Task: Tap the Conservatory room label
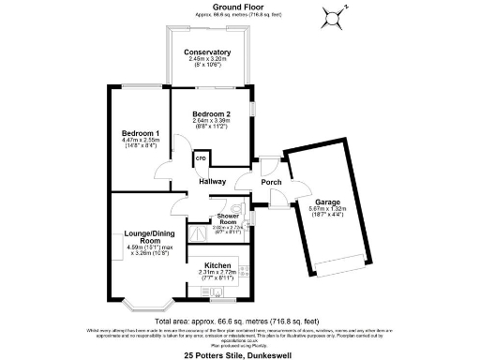point(207,52)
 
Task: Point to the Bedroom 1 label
point(140,133)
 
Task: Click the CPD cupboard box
point(201,159)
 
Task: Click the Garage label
point(326,202)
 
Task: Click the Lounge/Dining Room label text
point(145,237)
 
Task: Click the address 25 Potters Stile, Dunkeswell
point(240,354)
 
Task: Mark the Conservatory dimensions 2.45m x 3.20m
point(207,59)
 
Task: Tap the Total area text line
point(240,321)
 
